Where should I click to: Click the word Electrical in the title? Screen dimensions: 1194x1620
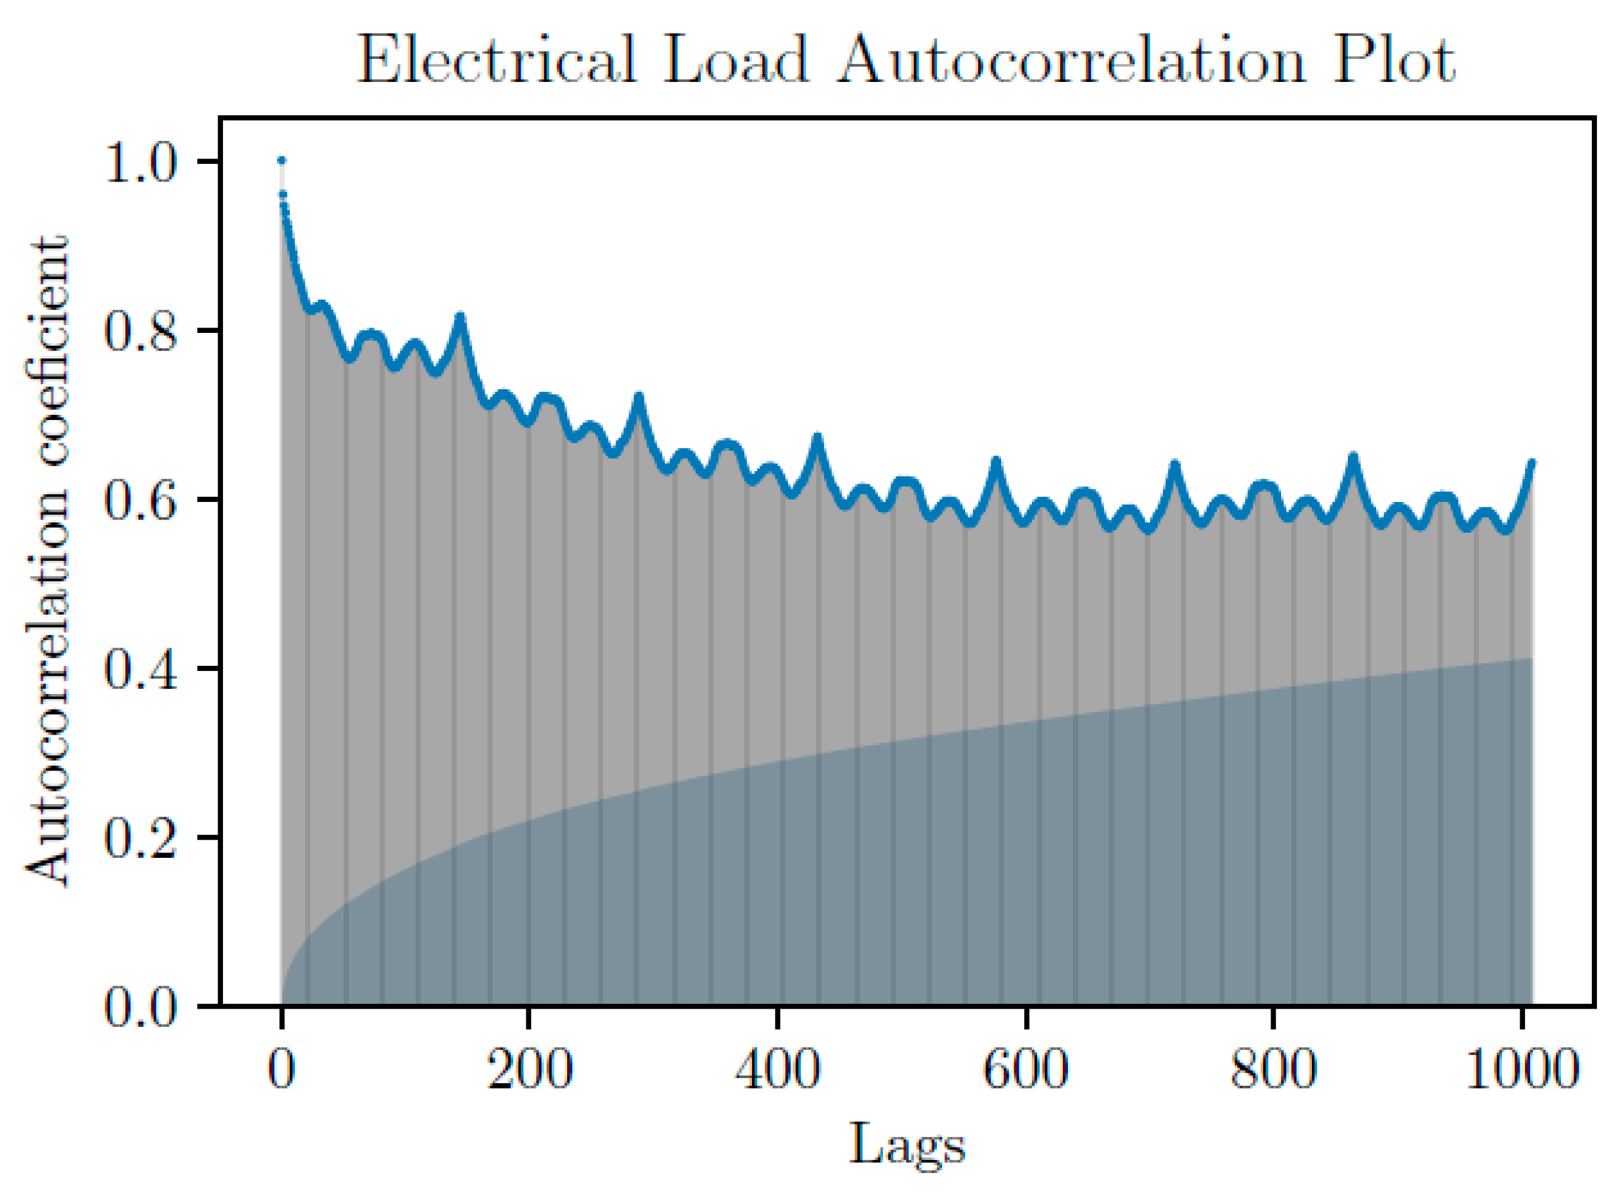[497, 61]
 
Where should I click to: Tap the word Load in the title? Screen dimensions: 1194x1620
[734, 61]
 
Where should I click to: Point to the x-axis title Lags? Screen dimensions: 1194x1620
[907, 1144]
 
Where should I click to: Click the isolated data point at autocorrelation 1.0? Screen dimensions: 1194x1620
[282, 161]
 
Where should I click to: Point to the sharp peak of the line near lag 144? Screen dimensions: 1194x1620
[460, 317]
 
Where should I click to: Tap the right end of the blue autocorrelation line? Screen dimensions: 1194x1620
[1531, 462]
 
